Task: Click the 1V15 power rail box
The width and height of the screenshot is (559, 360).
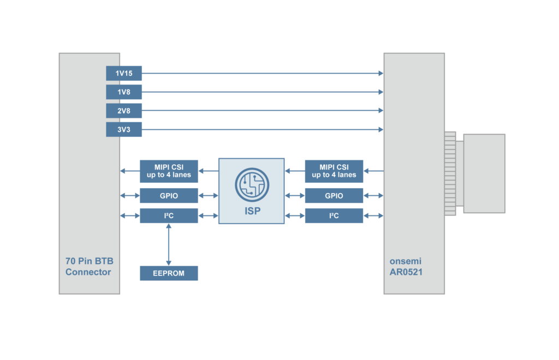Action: pos(124,73)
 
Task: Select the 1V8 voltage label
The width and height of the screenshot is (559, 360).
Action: pos(124,92)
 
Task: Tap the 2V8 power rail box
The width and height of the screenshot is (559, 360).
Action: pos(124,111)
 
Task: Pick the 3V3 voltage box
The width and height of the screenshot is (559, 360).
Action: pos(124,129)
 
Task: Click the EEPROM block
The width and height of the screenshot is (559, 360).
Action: pos(169,273)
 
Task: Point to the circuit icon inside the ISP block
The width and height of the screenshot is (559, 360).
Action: pos(252,184)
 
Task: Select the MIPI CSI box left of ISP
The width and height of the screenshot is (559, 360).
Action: pos(169,171)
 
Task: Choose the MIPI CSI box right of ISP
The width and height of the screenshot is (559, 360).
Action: pos(334,171)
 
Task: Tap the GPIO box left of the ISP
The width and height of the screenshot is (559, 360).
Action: pos(169,195)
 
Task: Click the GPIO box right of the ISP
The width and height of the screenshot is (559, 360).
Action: pos(334,195)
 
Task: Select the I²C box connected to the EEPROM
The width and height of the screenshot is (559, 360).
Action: pos(169,215)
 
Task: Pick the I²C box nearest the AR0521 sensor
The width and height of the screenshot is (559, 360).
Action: pos(334,215)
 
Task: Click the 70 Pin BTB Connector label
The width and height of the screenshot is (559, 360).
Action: pos(88,266)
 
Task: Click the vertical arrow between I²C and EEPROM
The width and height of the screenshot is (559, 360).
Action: pos(169,244)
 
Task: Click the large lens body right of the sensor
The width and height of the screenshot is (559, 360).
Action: pos(484,173)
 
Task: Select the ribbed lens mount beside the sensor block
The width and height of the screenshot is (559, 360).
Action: pos(450,173)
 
